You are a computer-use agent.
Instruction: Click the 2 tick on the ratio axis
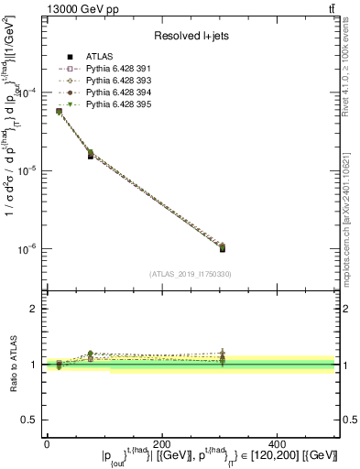point(35,309)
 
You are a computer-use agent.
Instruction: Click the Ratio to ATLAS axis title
point(13,365)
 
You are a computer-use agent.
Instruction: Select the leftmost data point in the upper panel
point(59,111)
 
